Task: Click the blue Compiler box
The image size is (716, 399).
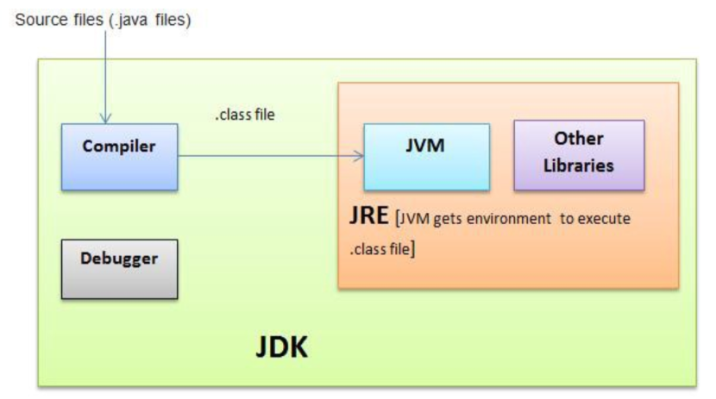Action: (x=119, y=156)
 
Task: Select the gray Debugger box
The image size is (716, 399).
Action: (x=119, y=268)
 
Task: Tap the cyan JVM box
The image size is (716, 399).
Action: (x=426, y=156)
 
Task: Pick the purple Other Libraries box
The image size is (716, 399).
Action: (x=579, y=153)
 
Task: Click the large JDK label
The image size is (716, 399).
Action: (x=281, y=348)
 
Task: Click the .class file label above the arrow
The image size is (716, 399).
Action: (x=244, y=114)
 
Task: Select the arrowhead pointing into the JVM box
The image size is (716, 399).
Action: (x=357, y=156)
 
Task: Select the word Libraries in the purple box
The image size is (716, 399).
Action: (x=579, y=165)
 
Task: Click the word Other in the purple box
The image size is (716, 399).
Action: (x=579, y=140)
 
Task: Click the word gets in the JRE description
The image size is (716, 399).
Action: (x=454, y=220)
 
